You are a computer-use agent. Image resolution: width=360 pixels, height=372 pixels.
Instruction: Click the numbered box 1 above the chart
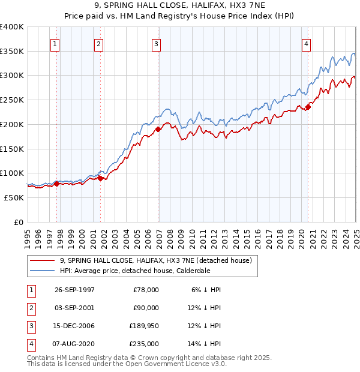[x=55, y=43]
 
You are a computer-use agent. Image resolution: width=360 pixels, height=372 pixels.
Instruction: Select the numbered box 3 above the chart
[x=156, y=43]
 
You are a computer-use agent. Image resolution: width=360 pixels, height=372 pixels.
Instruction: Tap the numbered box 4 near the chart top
[x=306, y=43]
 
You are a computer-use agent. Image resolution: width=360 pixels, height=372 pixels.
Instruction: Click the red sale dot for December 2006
[x=158, y=129]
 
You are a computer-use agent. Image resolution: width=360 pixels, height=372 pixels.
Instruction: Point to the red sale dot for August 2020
[x=308, y=107]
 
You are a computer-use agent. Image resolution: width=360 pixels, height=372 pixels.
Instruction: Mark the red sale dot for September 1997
[x=57, y=184]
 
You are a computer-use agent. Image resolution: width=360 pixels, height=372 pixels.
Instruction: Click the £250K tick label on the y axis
[x=12, y=100]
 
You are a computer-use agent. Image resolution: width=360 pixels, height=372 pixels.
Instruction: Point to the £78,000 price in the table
[x=145, y=290]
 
